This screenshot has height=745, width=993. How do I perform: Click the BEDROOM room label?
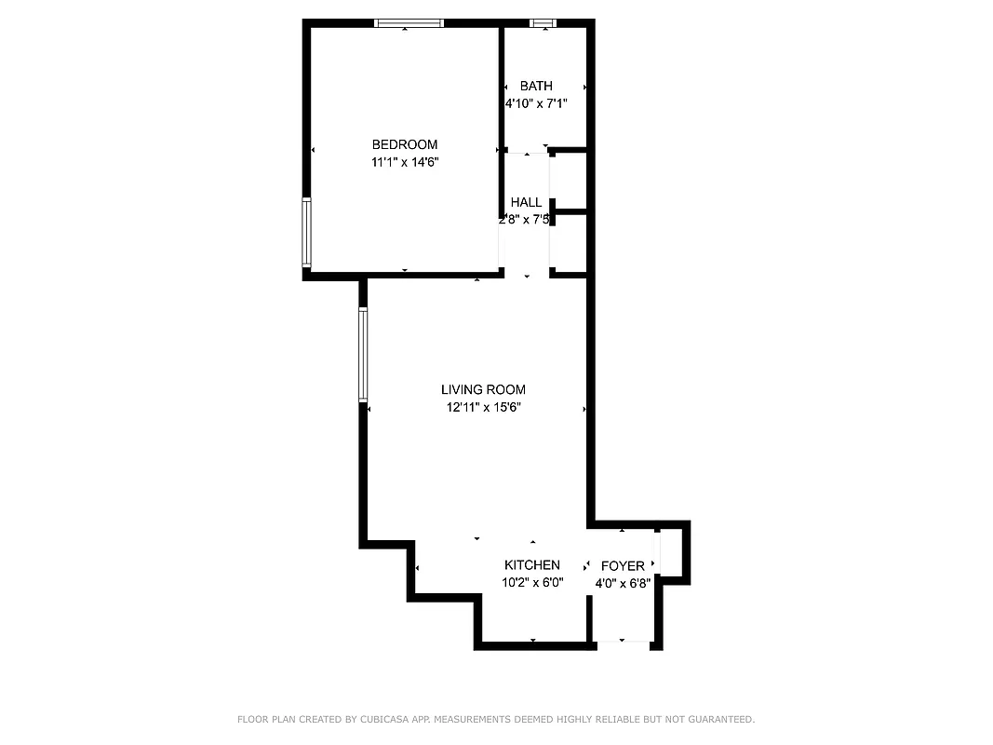[x=404, y=144]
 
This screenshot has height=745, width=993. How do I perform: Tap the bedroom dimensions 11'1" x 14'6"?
[x=404, y=162]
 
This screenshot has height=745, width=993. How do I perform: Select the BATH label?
[x=536, y=87]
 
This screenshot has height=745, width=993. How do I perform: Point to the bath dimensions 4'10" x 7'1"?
[x=536, y=104]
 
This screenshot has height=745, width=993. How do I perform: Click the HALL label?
[x=526, y=202]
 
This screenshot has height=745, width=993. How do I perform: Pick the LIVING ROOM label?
[x=483, y=389]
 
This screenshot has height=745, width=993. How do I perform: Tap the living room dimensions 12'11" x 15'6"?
[x=483, y=407]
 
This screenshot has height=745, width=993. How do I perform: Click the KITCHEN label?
[x=532, y=565]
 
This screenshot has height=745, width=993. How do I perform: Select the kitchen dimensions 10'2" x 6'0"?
[x=532, y=583]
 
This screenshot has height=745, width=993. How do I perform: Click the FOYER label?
[x=623, y=566]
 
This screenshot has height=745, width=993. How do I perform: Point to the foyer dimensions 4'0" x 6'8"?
[x=623, y=584]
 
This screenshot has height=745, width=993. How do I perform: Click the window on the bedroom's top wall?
[x=409, y=23]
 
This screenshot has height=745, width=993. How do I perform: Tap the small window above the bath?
[x=542, y=23]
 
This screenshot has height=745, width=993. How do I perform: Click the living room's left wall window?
[x=364, y=355]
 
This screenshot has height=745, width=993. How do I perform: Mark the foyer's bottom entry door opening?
[x=623, y=643]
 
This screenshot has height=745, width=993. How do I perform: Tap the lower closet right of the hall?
[x=570, y=244]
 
